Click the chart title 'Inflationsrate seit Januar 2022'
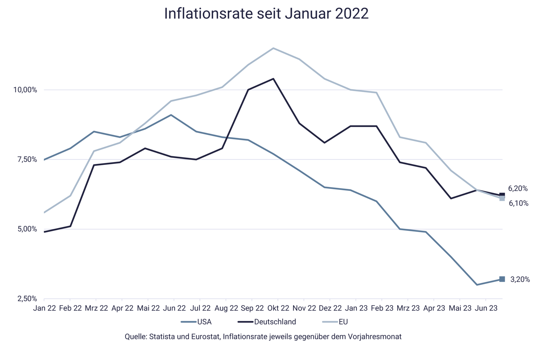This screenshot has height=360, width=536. coord(266,14)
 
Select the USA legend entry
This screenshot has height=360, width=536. coord(204,322)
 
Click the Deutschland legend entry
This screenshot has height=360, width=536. coord(275,322)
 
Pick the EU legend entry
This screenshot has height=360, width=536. coord(343,322)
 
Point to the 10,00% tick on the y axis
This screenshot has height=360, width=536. coord(25,90)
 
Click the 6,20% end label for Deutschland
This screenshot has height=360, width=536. coord(518,189)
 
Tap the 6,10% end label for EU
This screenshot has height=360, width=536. coord(519,203)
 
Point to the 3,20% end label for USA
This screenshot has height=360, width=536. coord(520,279)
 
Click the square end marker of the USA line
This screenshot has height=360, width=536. coord(502,279)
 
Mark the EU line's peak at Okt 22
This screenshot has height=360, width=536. coord(274,48)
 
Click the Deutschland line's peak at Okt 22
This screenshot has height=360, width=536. coord(274,79)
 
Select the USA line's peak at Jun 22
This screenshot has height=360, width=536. coord(171,115)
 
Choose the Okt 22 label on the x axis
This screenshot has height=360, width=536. coord(278,308)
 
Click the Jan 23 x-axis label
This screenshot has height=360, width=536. coord(356,308)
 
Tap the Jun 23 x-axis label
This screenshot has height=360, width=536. coord(486,308)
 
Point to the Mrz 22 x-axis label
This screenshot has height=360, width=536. coord(96,308)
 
